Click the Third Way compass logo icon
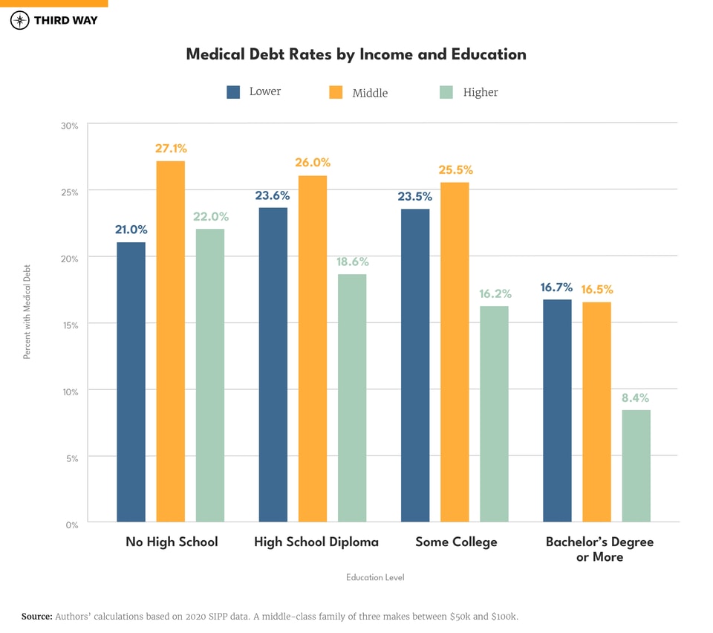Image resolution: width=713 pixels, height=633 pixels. (x=20, y=20)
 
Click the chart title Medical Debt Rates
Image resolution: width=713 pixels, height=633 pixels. (x=356, y=54)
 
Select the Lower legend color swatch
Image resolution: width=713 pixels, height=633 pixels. (x=233, y=92)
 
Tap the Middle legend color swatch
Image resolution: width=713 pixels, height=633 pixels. (x=336, y=92)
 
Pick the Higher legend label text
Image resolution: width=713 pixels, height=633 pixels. (x=480, y=92)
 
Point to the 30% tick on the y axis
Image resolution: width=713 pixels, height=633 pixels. (x=69, y=126)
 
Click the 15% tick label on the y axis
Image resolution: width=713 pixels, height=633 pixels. (x=69, y=325)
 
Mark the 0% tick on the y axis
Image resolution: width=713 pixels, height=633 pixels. (x=71, y=525)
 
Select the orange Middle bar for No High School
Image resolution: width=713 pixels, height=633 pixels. (x=171, y=342)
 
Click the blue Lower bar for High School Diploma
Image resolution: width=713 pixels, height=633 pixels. (x=273, y=364)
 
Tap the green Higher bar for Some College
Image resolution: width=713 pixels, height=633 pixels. (x=494, y=414)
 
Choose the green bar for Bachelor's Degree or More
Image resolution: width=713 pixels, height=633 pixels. (x=636, y=466)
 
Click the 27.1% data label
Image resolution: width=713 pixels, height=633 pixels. (x=171, y=149)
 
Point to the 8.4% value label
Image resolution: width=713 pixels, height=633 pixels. (x=636, y=397)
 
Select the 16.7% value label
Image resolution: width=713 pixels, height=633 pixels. (x=556, y=288)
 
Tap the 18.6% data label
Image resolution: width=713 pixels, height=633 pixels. (x=352, y=262)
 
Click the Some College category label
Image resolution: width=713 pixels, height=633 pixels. (x=456, y=542)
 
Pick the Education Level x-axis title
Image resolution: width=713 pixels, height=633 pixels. (x=375, y=577)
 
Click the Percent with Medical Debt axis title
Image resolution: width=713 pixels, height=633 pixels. (x=27, y=313)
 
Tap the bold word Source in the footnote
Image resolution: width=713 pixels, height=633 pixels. (x=36, y=617)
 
